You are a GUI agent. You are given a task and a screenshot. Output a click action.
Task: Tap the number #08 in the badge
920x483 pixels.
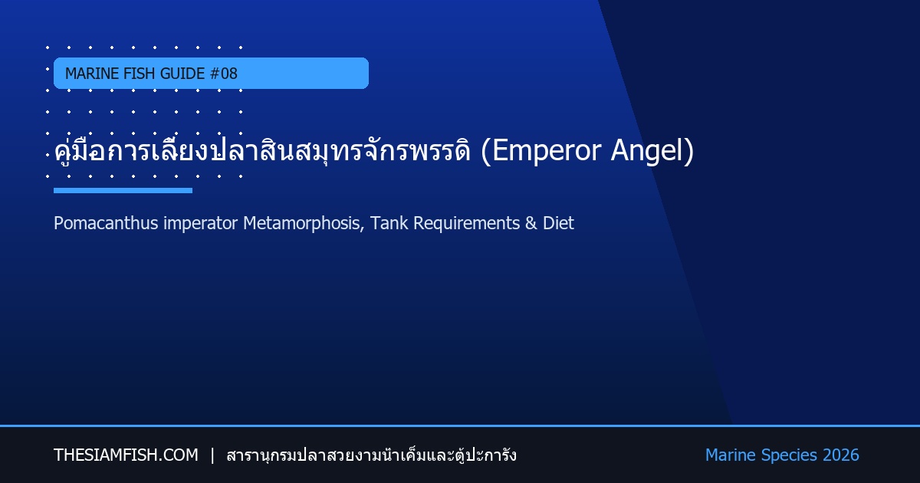[x=223, y=74]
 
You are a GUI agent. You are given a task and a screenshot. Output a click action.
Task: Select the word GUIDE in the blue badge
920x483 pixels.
[x=182, y=74]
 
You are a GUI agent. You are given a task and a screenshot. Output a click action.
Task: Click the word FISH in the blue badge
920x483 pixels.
[x=140, y=74]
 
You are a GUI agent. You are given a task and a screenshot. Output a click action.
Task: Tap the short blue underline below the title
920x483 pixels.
[x=123, y=191]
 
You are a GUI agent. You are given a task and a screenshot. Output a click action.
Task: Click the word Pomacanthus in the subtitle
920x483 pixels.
[x=106, y=223]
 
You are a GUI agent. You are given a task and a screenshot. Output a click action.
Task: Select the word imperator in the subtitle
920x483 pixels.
[x=200, y=224]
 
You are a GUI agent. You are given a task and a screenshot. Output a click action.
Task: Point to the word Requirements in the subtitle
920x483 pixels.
[x=467, y=224]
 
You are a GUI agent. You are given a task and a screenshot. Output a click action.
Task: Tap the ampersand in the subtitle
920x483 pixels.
[x=531, y=223]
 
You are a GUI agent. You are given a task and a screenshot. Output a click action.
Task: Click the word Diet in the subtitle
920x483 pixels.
[x=558, y=223]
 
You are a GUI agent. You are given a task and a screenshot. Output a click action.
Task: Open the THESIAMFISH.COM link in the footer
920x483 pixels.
[x=126, y=455]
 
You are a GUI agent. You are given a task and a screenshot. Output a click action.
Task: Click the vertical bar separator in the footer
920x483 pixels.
[x=212, y=455]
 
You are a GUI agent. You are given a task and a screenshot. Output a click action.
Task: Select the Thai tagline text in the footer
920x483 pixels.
[x=371, y=455]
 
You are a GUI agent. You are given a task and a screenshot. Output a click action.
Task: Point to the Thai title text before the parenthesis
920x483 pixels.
[x=262, y=150]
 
